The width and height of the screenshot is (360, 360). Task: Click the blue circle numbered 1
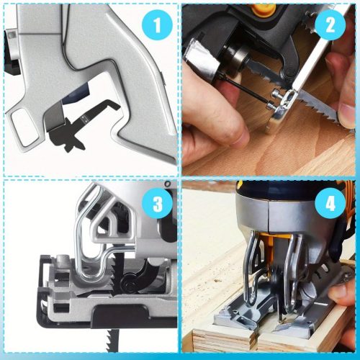click(x=157, y=25)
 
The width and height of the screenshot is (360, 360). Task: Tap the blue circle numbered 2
click(x=330, y=24)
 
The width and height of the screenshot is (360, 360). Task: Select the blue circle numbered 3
click(x=158, y=204)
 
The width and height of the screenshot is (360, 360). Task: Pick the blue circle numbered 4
click(x=330, y=204)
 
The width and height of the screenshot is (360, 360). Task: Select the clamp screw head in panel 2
click(x=276, y=94)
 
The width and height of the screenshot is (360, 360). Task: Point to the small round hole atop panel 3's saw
click(x=167, y=184)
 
